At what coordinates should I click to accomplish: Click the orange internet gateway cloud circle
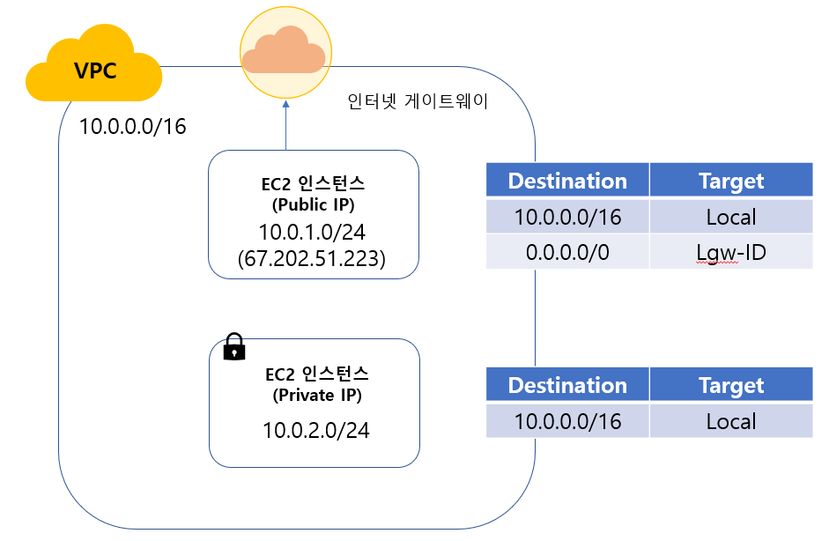point(285,51)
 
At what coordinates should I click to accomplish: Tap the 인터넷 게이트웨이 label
point(418,102)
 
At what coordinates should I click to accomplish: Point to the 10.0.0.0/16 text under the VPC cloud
point(133,126)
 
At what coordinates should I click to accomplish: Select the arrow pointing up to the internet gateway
point(285,123)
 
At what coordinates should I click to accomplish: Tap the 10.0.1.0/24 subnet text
point(314,233)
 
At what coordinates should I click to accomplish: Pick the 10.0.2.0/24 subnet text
point(314,430)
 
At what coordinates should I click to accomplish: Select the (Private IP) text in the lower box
point(314,395)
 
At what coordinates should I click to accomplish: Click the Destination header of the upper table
point(567,181)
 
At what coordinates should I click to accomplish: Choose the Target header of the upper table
point(730,181)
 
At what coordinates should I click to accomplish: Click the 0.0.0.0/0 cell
point(567,252)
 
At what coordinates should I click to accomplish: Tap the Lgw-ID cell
point(730,253)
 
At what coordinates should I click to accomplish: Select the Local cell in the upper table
point(730,217)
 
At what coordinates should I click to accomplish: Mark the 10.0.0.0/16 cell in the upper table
point(567,217)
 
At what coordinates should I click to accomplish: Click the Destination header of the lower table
point(567,385)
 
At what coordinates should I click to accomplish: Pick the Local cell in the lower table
point(730,421)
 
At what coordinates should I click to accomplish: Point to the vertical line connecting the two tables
point(535,317)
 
